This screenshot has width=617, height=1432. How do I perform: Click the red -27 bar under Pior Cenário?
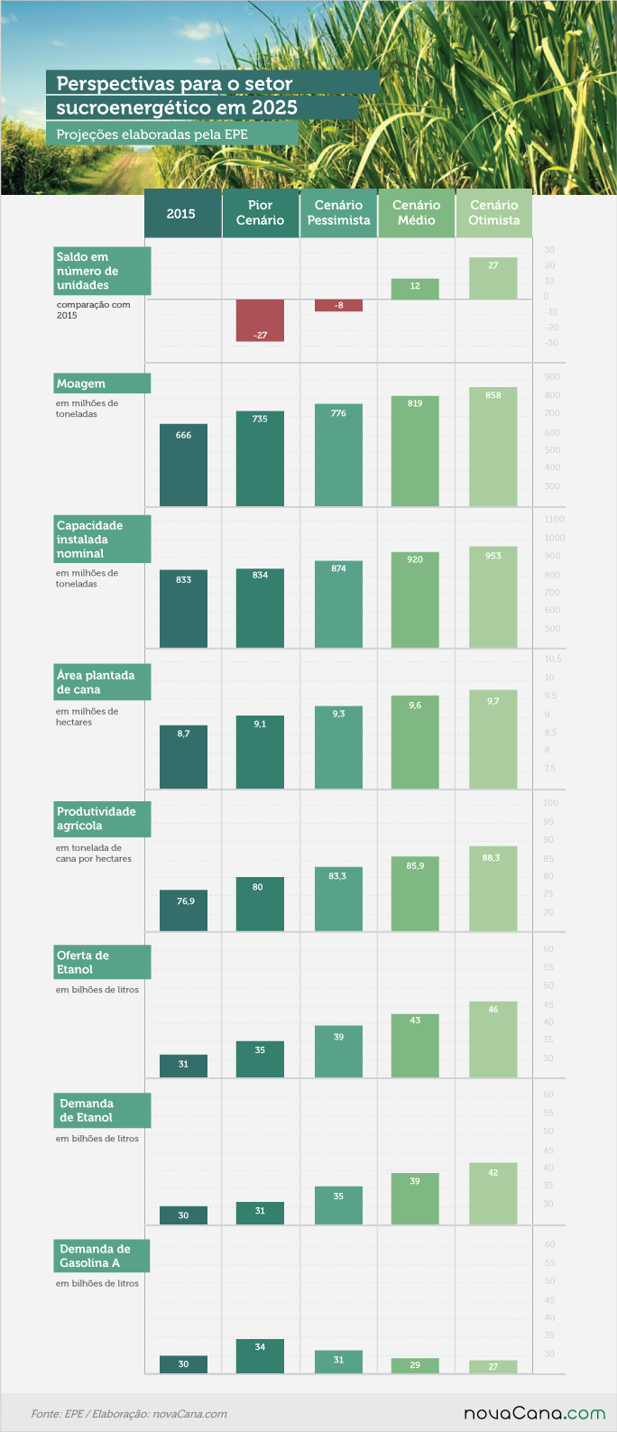(x=260, y=320)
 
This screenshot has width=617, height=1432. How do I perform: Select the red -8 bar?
(x=338, y=306)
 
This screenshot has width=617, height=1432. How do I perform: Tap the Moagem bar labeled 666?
(x=183, y=465)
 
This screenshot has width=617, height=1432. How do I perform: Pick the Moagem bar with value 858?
(x=493, y=447)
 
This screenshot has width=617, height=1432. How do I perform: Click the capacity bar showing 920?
(x=415, y=600)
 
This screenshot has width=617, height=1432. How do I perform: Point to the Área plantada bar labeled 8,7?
(x=183, y=757)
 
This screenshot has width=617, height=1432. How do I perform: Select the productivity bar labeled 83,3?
(x=338, y=898)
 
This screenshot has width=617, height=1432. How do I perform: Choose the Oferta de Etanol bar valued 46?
(x=493, y=1039)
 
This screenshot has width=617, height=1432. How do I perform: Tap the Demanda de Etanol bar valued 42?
(x=493, y=1194)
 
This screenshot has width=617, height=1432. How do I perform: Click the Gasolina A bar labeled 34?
(x=260, y=1356)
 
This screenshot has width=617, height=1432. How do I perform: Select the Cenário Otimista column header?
(x=493, y=213)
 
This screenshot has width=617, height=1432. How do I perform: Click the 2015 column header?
(x=183, y=213)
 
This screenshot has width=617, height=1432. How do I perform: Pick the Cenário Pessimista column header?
(x=338, y=213)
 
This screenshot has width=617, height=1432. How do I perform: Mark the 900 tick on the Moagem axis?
(x=552, y=377)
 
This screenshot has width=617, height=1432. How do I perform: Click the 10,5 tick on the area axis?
(x=553, y=659)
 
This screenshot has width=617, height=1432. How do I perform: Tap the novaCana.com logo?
(x=534, y=1413)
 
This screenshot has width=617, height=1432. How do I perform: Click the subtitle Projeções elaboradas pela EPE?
(x=152, y=134)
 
